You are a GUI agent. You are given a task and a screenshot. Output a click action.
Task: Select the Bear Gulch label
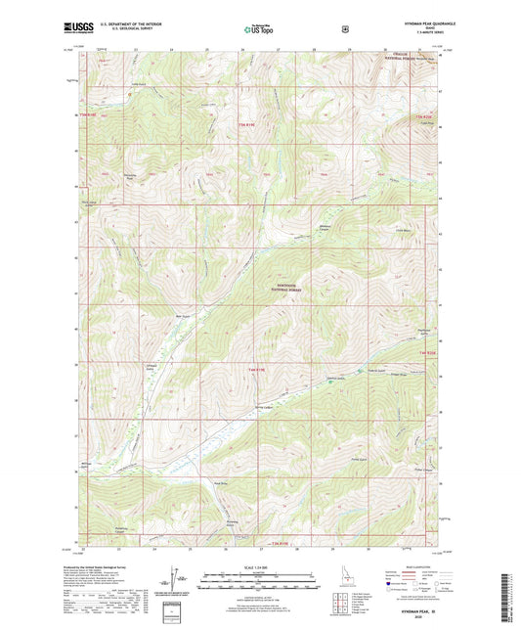point(180,315)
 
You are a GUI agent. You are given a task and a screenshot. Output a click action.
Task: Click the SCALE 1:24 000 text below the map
point(260,568)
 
